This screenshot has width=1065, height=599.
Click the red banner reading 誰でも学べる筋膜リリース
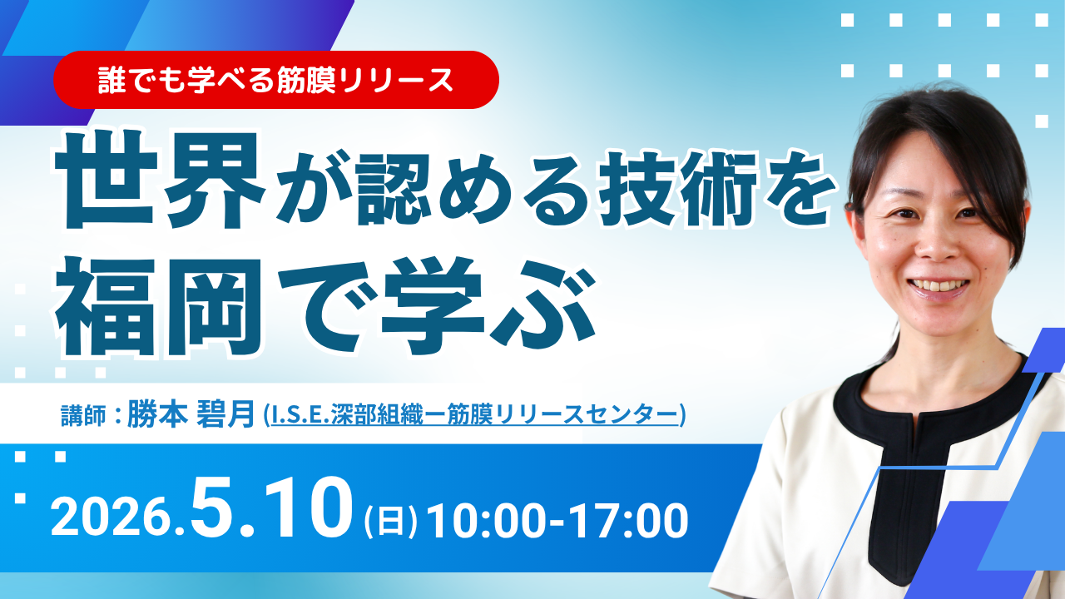tap(275, 80)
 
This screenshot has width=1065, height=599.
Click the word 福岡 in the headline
tap(159, 308)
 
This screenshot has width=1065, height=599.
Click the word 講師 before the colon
tap(84, 415)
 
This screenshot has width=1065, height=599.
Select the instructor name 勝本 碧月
tap(191, 414)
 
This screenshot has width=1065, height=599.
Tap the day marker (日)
tap(390, 522)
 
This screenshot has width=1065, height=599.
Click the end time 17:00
tap(628, 520)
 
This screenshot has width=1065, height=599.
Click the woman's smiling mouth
tap(938, 287)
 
